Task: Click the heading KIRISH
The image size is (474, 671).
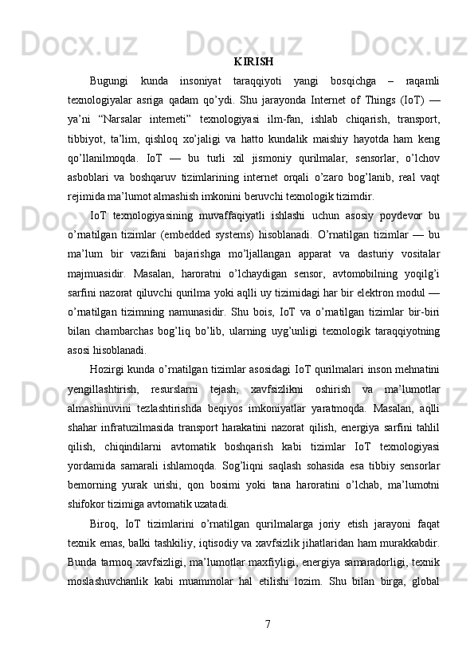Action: pos(254,61)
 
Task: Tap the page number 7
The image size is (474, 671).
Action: pos(266,622)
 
